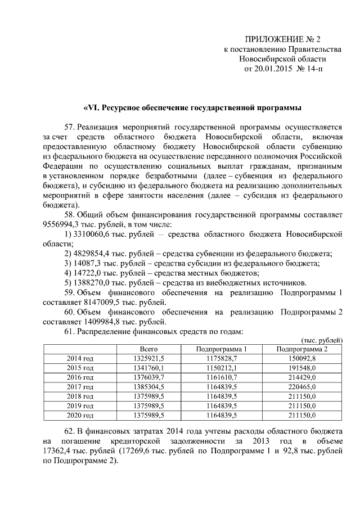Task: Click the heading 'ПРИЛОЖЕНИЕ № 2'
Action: [282, 39]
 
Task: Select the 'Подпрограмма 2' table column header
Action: [301, 349]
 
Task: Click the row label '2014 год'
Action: [80, 358]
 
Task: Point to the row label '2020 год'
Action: [80, 416]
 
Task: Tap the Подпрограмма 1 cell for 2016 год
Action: [222, 377]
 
